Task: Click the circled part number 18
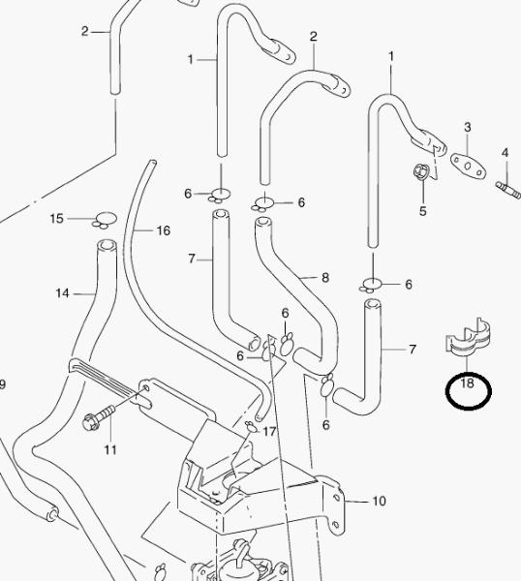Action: click(467, 382)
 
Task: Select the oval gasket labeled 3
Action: click(468, 166)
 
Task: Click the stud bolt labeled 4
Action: click(508, 190)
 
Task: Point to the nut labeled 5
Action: click(421, 171)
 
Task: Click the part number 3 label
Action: click(468, 127)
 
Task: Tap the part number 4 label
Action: click(506, 153)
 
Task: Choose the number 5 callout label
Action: click(423, 211)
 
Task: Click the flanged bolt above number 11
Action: click(99, 417)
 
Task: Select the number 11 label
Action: click(110, 450)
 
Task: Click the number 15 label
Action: click(57, 219)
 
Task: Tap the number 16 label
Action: click(164, 230)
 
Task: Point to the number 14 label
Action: click(62, 293)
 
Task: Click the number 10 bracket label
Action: click(379, 501)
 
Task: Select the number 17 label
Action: click(269, 431)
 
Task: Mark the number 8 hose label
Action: click(325, 278)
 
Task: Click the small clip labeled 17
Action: click(251, 426)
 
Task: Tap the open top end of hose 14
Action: click(107, 245)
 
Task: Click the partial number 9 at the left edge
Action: click(2, 384)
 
